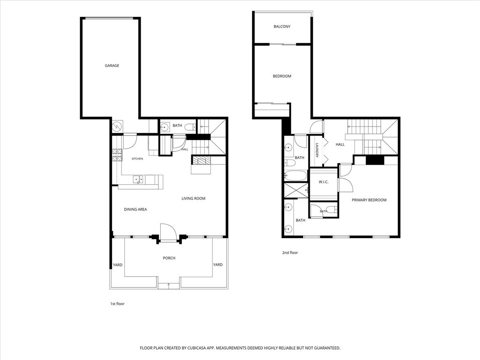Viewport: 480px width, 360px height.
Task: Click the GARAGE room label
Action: [112, 66]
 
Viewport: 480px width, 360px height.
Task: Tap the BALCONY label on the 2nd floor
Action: [282, 27]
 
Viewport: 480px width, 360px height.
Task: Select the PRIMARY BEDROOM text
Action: [369, 200]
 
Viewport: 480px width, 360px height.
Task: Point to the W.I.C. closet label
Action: [323, 182]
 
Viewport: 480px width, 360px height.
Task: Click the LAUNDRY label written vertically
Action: [317, 150]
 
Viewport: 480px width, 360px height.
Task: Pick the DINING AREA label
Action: [135, 210]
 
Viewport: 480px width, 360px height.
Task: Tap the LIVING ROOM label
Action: [194, 198]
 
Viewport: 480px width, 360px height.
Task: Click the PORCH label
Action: [169, 258]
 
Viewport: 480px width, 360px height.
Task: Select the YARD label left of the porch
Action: [118, 265]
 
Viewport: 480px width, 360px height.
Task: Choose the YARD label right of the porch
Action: [217, 264]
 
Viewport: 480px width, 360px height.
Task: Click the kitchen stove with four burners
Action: [117, 155]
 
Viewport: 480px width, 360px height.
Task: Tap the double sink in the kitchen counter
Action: [138, 180]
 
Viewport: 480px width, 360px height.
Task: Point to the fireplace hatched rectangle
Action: [201, 160]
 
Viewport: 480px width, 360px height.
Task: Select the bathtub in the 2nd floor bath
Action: [295, 176]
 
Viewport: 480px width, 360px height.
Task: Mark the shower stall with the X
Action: [296, 190]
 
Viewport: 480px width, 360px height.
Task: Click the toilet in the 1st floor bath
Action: [190, 127]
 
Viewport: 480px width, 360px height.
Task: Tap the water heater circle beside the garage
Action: [117, 126]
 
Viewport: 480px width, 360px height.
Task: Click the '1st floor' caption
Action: [117, 304]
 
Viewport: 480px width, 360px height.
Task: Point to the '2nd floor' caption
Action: [290, 253]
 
